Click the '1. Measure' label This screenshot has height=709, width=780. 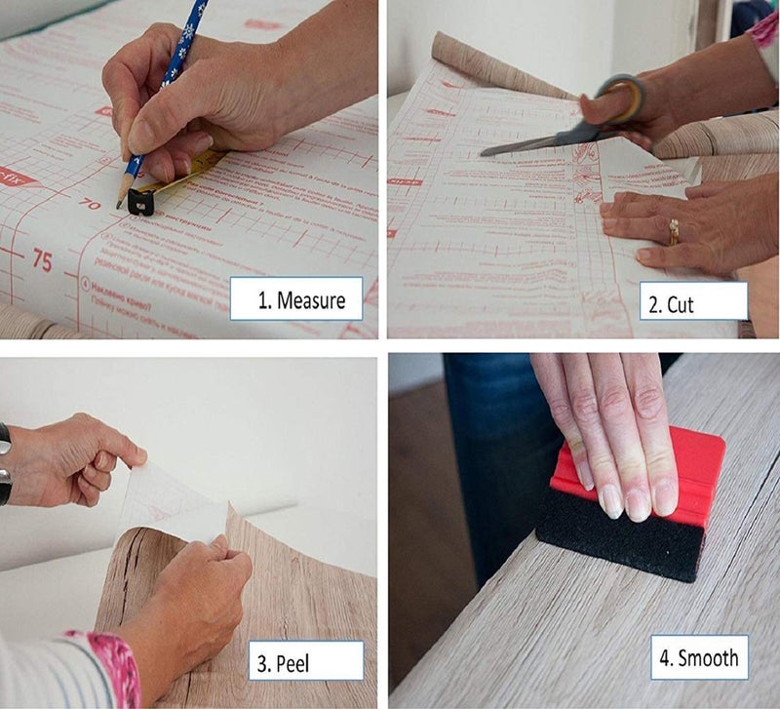click(296, 299)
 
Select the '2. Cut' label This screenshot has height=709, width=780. click(693, 303)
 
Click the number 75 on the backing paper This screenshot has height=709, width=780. click(42, 259)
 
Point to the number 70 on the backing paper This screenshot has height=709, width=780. click(91, 205)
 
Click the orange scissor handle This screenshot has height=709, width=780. click(625, 98)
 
